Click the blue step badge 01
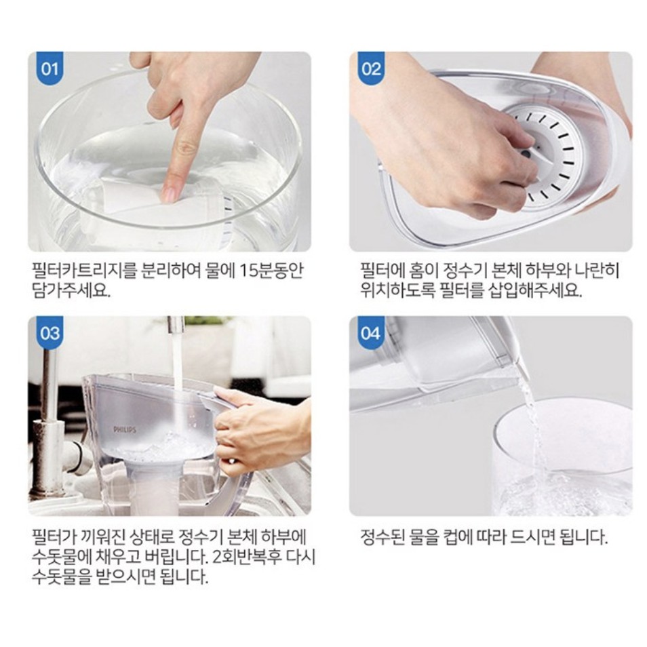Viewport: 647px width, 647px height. click(x=50, y=68)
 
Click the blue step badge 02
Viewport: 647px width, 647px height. click(x=371, y=68)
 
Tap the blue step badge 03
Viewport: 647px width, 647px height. click(x=50, y=332)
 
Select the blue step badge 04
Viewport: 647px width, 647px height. click(x=371, y=332)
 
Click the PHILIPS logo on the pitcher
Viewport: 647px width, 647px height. click(x=125, y=429)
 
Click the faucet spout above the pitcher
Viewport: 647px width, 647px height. click(x=176, y=324)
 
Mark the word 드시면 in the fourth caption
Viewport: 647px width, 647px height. click(x=532, y=537)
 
